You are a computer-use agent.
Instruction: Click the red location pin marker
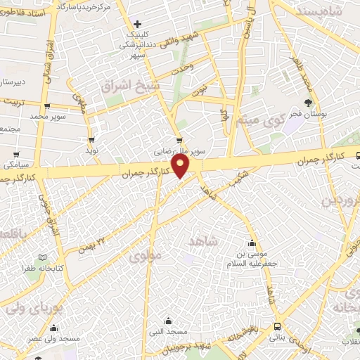[x=181, y=165]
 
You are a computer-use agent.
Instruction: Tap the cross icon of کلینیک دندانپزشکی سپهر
[x=138, y=25]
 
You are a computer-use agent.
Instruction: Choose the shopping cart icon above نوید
[x=91, y=139]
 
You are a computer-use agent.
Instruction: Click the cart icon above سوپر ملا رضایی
[x=181, y=139]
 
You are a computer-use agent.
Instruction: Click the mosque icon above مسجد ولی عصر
[x=55, y=328]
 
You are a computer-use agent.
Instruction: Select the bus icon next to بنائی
[x=278, y=327]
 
